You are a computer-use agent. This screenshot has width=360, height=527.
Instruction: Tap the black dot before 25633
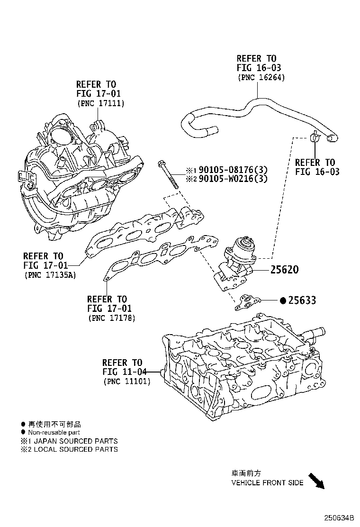click(x=283, y=300)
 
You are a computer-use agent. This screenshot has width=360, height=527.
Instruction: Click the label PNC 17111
click(x=100, y=103)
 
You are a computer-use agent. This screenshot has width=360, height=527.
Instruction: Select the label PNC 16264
click(x=261, y=77)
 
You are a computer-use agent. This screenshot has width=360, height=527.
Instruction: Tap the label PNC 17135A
click(x=50, y=274)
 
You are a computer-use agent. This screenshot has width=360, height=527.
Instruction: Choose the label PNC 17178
click(x=112, y=318)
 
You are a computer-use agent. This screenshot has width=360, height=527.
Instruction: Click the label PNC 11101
click(x=126, y=381)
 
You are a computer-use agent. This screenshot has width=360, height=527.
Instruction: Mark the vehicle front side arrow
click(x=316, y=481)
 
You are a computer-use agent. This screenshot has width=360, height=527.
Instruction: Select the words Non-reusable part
click(x=54, y=432)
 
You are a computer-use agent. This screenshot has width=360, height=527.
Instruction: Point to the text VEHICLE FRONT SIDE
click(x=267, y=483)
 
